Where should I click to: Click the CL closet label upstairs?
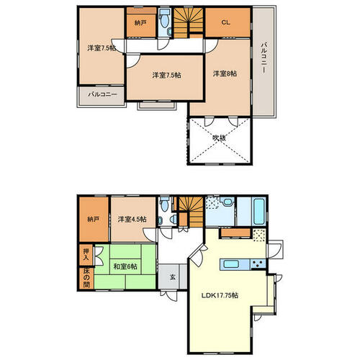pyautogui.click(x=225, y=22)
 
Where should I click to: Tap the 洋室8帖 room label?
pyautogui.click(x=225, y=73)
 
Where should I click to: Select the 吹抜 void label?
pyautogui.click(x=220, y=138)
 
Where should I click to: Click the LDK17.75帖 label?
pyautogui.click(x=220, y=295)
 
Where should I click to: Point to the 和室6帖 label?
pyautogui.click(x=125, y=266)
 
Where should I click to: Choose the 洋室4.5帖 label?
pyautogui.click(x=132, y=219)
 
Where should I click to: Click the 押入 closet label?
pyautogui.click(x=86, y=255)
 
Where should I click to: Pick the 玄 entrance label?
pyautogui.click(x=173, y=277)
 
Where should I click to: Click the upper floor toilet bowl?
pyautogui.click(x=164, y=21)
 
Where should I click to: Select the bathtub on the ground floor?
pyautogui.click(x=259, y=212)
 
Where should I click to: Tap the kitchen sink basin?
pyautogui.click(x=231, y=264)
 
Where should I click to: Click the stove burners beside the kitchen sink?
pyautogui.click(x=258, y=264)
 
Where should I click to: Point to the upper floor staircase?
pyautogui.click(x=189, y=23)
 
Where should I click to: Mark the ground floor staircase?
pyautogui.click(x=191, y=212)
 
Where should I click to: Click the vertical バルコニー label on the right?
pyautogui.click(x=264, y=58)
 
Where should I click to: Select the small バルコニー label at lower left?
pyautogui.click(x=102, y=94)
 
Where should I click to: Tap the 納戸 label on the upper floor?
pyautogui.click(x=140, y=23)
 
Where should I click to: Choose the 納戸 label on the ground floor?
pyautogui.click(x=94, y=219)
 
